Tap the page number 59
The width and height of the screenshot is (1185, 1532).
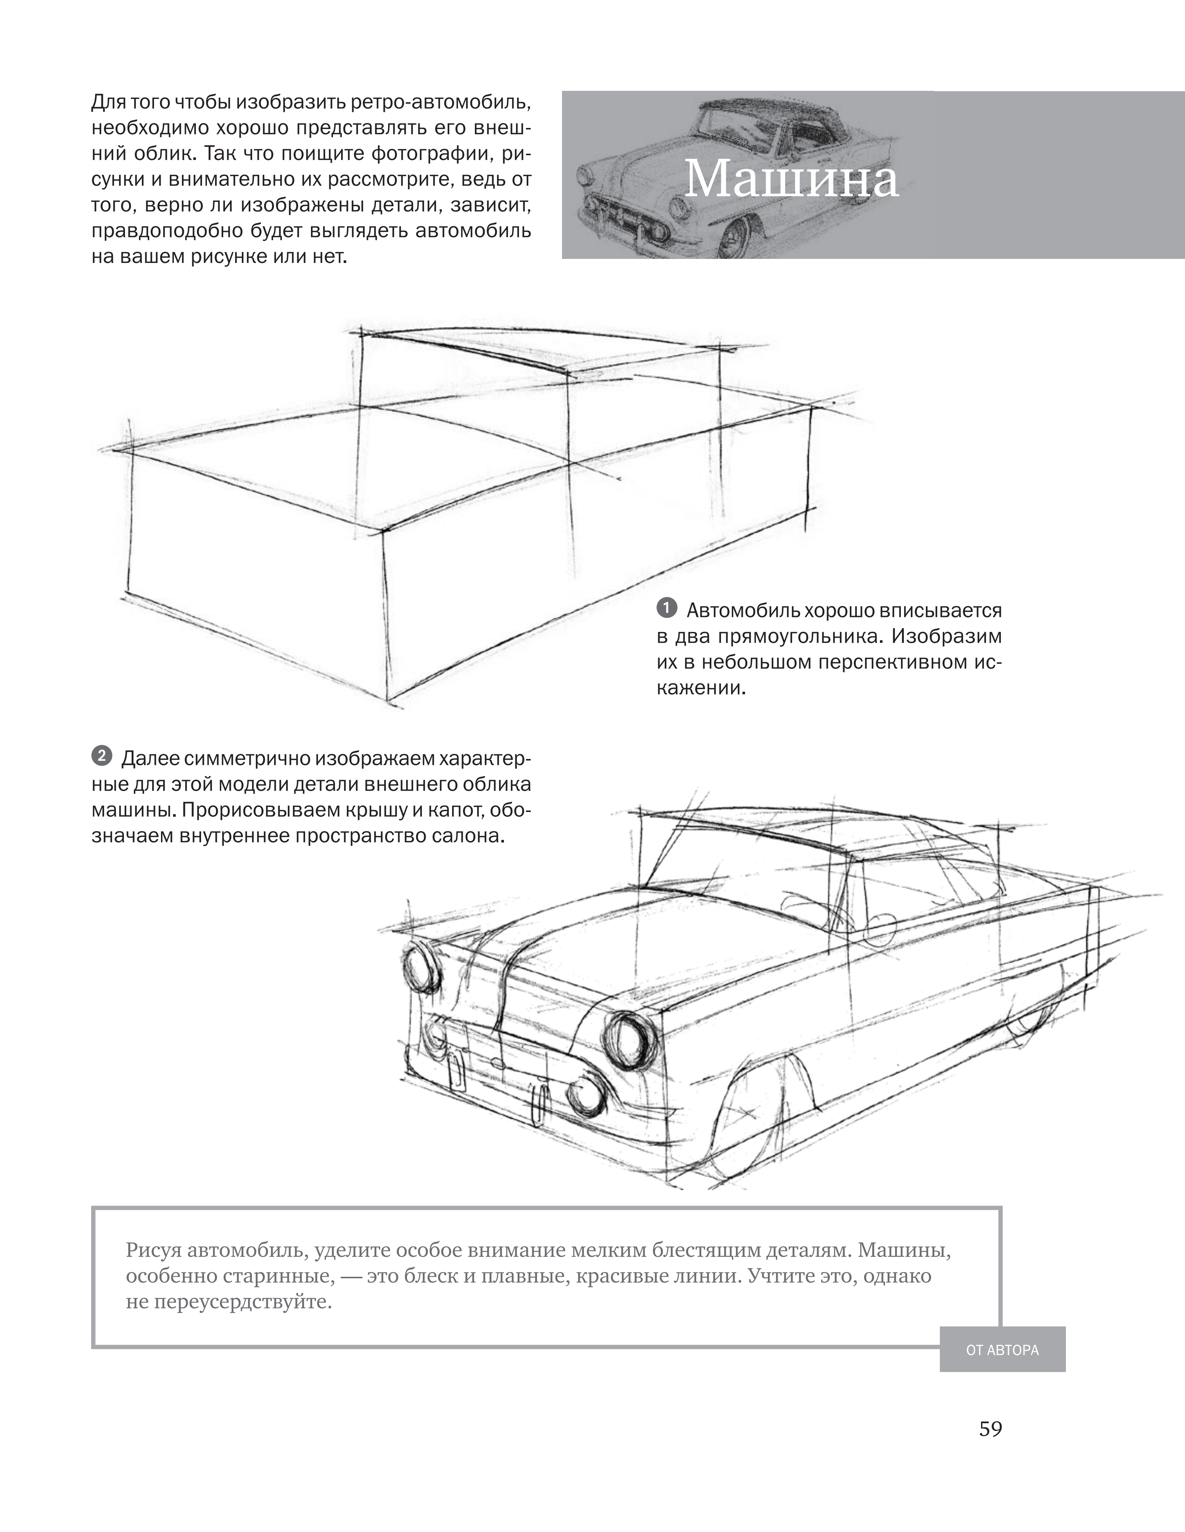tap(990, 1429)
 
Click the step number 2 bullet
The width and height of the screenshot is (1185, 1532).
tap(102, 756)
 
